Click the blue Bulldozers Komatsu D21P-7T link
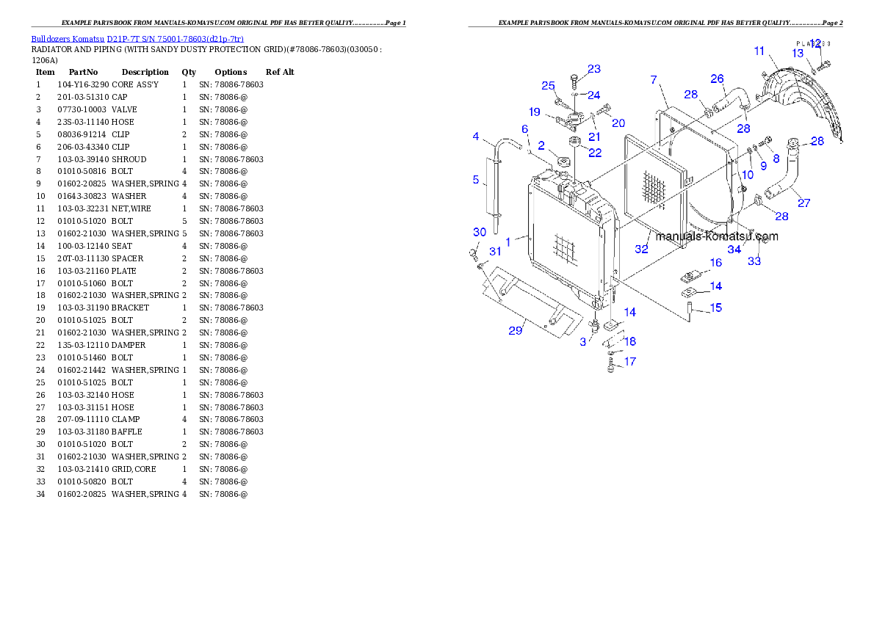137,39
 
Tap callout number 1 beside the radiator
508,241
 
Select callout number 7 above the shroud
654,79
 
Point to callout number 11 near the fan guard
759,51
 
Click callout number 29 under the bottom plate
515,330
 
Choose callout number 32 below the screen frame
641,250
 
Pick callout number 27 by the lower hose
803,203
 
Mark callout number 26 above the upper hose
717,79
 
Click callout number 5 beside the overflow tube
475,180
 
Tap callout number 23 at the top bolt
593,69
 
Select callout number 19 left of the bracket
534,112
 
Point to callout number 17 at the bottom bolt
629,361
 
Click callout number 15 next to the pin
715,308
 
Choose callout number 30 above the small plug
479,232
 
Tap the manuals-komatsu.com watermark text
717,236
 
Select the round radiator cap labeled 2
563,160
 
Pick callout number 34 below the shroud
734,250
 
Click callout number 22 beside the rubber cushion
594,153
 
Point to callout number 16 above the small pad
715,263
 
